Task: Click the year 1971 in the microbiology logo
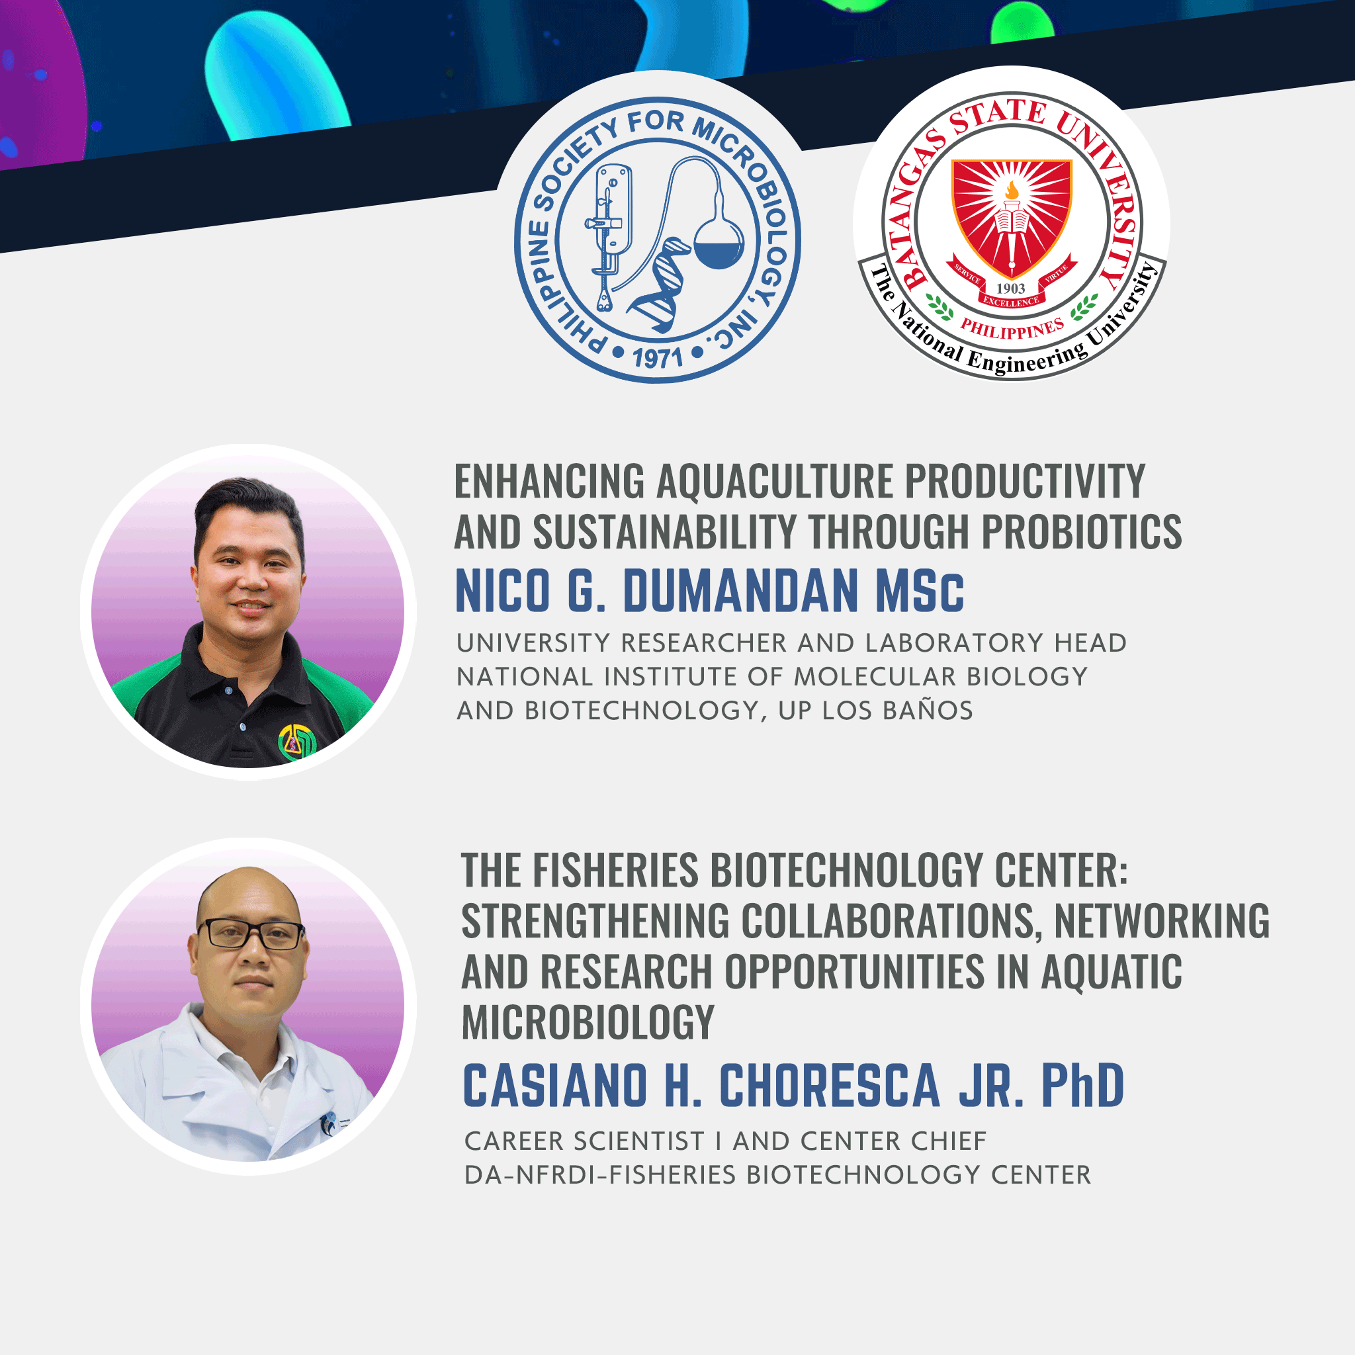pyautogui.click(x=657, y=358)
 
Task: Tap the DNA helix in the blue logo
pyautogui.click(x=659, y=284)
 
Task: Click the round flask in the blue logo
pyautogui.click(x=719, y=238)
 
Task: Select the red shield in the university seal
pyautogui.click(x=1012, y=218)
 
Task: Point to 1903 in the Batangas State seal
pyautogui.click(x=1011, y=288)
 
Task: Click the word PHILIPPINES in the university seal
pyautogui.click(x=1012, y=328)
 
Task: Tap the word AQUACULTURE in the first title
pyautogui.click(x=774, y=482)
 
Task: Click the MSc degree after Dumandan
pyautogui.click(x=920, y=591)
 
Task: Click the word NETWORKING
pyautogui.click(x=1162, y=920)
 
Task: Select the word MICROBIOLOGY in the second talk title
pyautogui.click(x=588, y=1022)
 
